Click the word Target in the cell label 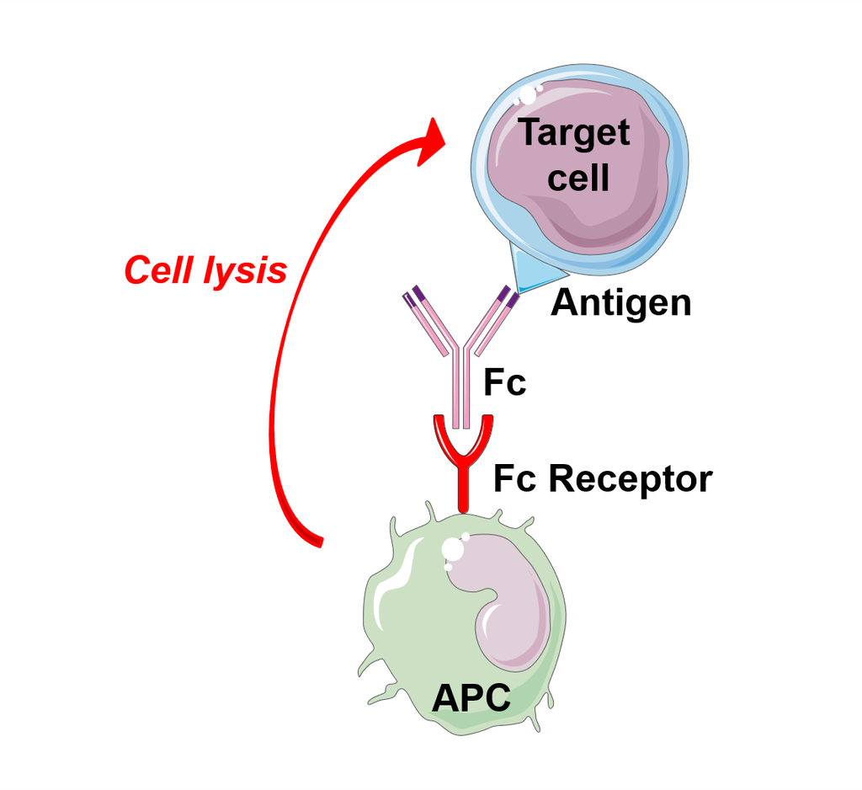point(574,134)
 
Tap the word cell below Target point(578,178)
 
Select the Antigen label point(621,303)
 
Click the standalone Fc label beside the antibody point(505,382)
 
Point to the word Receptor point(631,478)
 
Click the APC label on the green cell point(471,698)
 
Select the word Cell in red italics point(160,270)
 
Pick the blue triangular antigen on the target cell point(532,270)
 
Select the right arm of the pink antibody point(491,322)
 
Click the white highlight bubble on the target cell point(528,95)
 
